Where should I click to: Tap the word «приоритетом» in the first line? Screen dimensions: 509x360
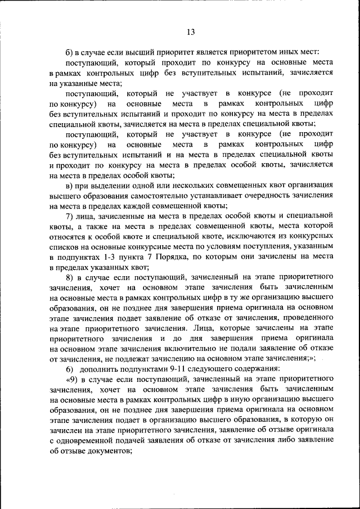pyautogui.click(x=238, y=52)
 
